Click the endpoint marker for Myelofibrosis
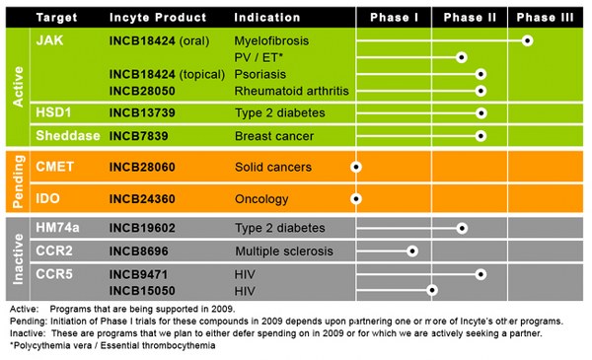point(528,41)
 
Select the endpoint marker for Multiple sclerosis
point(412,251)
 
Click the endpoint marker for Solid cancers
point(356,169)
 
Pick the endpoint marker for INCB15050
point(431,290)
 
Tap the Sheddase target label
point(63,135)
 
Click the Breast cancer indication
point(273,135)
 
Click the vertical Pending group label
point(17,183)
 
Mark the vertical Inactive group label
point(17,259)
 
